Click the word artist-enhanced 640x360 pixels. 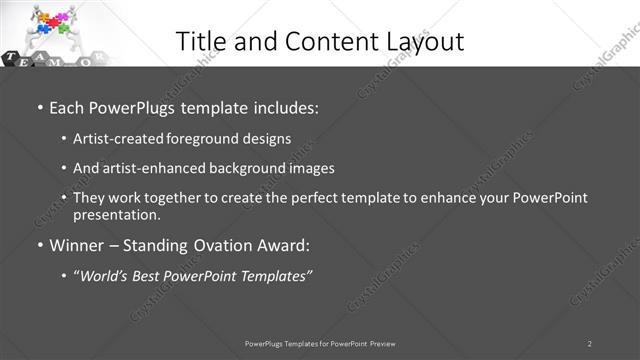pos(147,168)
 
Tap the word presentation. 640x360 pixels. pos(116,214)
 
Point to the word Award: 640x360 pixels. pos(283,245)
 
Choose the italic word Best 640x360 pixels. pos(151,275)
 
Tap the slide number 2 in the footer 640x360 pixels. pos(590,343)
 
